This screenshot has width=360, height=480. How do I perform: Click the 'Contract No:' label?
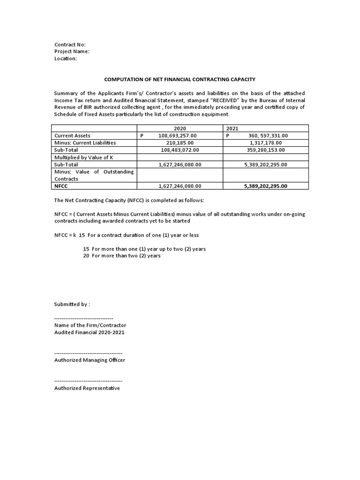pyautogui.click(x=70, y=45)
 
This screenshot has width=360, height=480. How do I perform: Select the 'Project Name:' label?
pyautogui.click(x=72, y=52)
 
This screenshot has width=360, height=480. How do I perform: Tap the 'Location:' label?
pyautogui.click(x=66, y=59)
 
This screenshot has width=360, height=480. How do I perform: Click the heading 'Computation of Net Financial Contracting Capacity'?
pyautogui.click(x=180, y=80)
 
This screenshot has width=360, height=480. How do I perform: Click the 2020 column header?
pyautogui.click(x=180, y=128)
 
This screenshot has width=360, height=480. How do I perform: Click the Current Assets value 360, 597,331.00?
pyautogui.click(x=268, y=135)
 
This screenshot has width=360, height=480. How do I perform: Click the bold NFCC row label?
pyautogui.click(x=62, y=186)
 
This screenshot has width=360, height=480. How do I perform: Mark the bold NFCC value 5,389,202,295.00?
pyautogui.click(x=266, y=186)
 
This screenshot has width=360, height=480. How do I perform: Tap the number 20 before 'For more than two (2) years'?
pyautogui.click(x=86, y=256)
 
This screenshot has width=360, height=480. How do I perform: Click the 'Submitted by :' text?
pyautogui.click(x=72, y=304)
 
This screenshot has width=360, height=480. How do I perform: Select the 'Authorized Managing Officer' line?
pyautogui.click(x=90, y=360)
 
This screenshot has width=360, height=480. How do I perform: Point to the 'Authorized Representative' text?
pyautogui.click(x=87, y=388)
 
